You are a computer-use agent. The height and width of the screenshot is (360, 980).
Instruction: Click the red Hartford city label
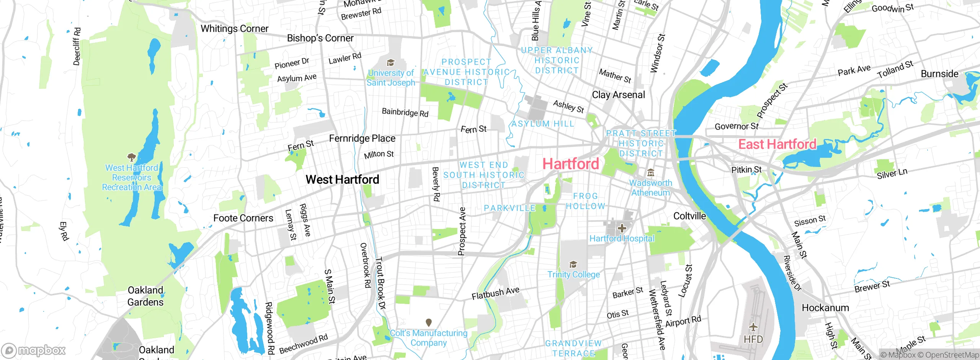tap(571, 164)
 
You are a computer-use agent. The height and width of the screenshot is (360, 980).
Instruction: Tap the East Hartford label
tap(777, 144)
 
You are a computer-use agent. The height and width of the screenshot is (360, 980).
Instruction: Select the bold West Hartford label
tap(342, 179)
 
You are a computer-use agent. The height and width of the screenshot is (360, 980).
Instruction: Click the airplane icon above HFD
tap(753, 327)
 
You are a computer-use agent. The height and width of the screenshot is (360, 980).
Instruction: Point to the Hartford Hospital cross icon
tap(622, 229)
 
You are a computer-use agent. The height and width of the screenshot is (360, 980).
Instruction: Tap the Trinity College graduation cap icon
tap(573, 265)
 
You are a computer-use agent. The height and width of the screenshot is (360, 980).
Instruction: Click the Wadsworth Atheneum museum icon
tap(650, 173)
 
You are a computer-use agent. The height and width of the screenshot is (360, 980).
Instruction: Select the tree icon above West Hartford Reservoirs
tap(131, 157)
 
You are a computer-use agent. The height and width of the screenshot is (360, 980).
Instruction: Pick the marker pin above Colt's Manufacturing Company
tap(429, 323)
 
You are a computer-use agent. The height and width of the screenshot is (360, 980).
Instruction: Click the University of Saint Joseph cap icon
tap(390, 63)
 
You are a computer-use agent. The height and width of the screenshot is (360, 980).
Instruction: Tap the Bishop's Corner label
tap(320, 38)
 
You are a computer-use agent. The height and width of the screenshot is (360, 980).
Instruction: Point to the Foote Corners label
tap(243, 218)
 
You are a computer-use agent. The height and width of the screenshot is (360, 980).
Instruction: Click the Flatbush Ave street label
tap(495, 293)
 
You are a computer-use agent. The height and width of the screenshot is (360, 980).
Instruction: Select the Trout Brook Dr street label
tap(381, 283)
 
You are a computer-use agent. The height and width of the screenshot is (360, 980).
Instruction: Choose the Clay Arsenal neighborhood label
tap(618, 95)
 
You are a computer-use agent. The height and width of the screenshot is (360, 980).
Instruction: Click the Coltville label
tap(689, 216)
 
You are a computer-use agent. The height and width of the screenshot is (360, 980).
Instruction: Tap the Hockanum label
tap(825, 308)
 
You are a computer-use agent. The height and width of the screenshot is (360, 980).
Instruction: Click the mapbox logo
tap(34, 350)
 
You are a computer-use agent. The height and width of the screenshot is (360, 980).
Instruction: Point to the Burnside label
tap(939, 74)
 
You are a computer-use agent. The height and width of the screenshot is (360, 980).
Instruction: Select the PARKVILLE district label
tap(510, 208)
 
